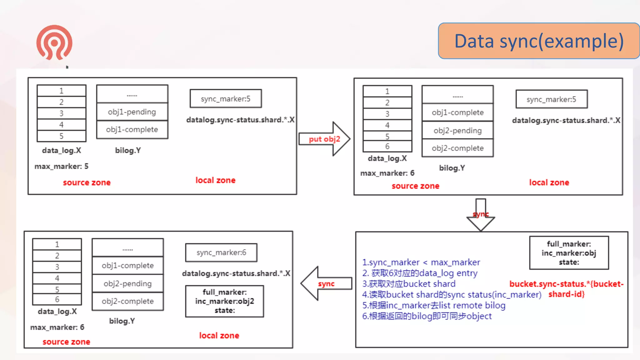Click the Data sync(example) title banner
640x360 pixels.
pos(539,41)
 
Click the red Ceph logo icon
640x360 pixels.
pos(54,43)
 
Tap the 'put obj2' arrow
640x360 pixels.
pos(324,139)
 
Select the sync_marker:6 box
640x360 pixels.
pos(221,252)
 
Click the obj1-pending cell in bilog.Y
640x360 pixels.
pos(132,112)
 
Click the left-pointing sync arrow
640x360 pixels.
pos(326,283)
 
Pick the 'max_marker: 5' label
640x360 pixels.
pos(62,166)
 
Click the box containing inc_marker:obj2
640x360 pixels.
pos(224,301)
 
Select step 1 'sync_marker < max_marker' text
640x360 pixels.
pos(421,262)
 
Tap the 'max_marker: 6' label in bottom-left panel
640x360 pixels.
pos(57,327)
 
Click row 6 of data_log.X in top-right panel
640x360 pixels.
pos(387,146)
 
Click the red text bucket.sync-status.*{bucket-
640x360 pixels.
pos(566,284)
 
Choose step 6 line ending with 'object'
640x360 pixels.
pos(427,316)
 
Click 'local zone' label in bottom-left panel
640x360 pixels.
pos(219,335)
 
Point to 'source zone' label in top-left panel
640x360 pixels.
pos(87,182)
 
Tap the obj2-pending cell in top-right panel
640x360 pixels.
pos(457,131)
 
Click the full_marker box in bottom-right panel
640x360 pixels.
pos(569,253)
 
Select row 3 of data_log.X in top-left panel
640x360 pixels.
pos(61,113)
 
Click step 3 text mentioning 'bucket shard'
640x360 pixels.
pos(409,284)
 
